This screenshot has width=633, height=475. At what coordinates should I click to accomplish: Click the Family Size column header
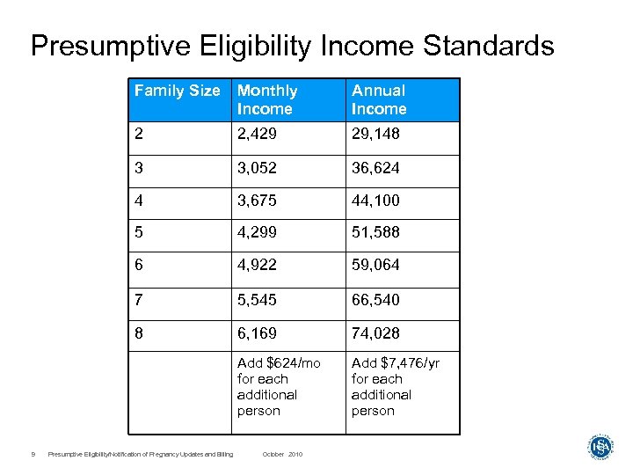[177, 91]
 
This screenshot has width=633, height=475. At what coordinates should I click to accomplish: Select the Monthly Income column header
[267, 99]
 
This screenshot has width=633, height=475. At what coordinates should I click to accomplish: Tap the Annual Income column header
[379, 99]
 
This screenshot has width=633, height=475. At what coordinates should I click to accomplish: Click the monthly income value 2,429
[257, 134]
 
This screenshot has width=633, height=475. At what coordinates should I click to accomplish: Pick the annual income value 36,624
[375, 167]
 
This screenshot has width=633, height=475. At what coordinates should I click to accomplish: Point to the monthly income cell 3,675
[257, 201]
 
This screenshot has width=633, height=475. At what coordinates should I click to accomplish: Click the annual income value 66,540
[375, 300]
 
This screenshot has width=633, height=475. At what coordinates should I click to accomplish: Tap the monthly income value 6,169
[257, 333]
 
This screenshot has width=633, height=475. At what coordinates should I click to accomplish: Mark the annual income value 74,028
[375, 333]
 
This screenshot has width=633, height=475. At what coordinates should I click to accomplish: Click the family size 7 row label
[138, 300]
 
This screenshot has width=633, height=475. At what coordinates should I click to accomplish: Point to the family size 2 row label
[138, 134]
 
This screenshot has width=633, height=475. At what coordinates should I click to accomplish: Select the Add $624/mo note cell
[279, 387]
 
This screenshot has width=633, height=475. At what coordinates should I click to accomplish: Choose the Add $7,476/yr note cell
[396, 387]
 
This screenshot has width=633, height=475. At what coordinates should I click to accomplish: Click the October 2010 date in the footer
[282, 454]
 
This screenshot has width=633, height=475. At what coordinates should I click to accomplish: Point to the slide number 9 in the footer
[32, 454]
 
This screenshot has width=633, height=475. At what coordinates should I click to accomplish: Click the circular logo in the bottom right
[600, 447]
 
